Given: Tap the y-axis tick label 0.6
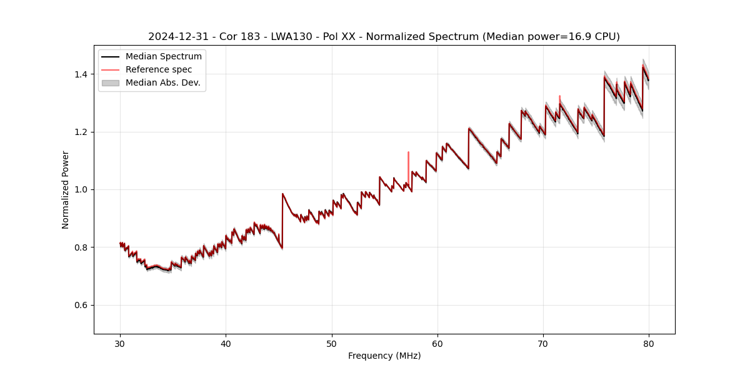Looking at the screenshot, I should click(81, 305).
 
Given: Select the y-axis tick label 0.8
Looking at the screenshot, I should click(81, 247).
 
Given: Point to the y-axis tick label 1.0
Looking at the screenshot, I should click(81, 189).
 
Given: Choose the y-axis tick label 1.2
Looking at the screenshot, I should click(81, 132).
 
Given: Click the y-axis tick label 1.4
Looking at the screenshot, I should click(81, 74).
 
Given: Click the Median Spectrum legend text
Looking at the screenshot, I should click(163, 57).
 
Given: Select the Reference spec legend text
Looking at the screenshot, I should click(159, 69).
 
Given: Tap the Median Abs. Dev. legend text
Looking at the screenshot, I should click(162, 82).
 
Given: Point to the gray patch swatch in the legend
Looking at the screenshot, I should click(111, 82).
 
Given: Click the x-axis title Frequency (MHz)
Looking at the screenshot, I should click(384, 356).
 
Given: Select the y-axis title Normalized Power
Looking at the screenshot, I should click(65, 189).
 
